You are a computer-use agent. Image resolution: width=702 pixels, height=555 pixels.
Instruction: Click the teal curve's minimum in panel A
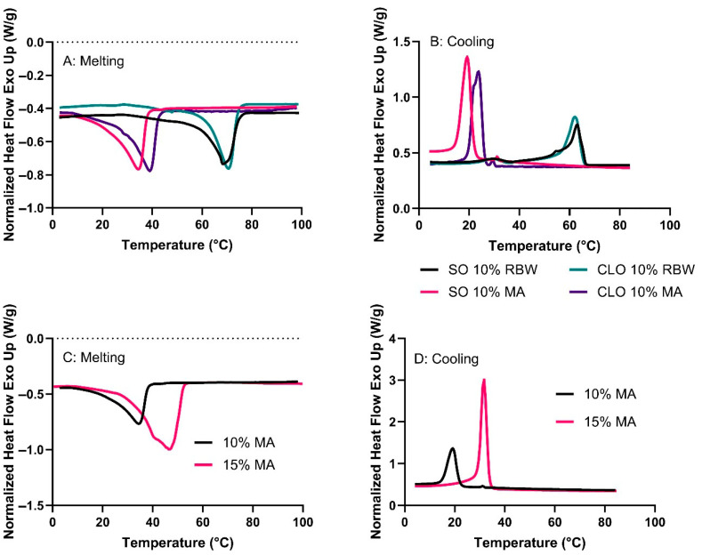coord(228,168)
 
